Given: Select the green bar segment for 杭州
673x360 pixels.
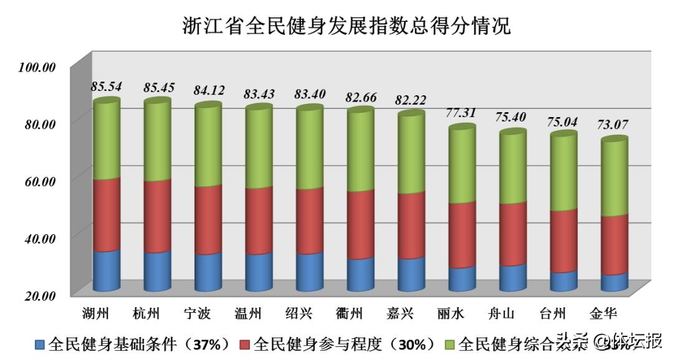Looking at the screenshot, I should click(157, 141).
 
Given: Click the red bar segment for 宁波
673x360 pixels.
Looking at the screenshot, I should click(208, 220).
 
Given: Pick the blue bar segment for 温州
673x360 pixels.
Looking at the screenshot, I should click(259, 272).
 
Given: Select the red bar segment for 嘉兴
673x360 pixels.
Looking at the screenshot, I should click(411, 225).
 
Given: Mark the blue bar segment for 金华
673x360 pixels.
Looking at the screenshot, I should click(614, 282).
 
